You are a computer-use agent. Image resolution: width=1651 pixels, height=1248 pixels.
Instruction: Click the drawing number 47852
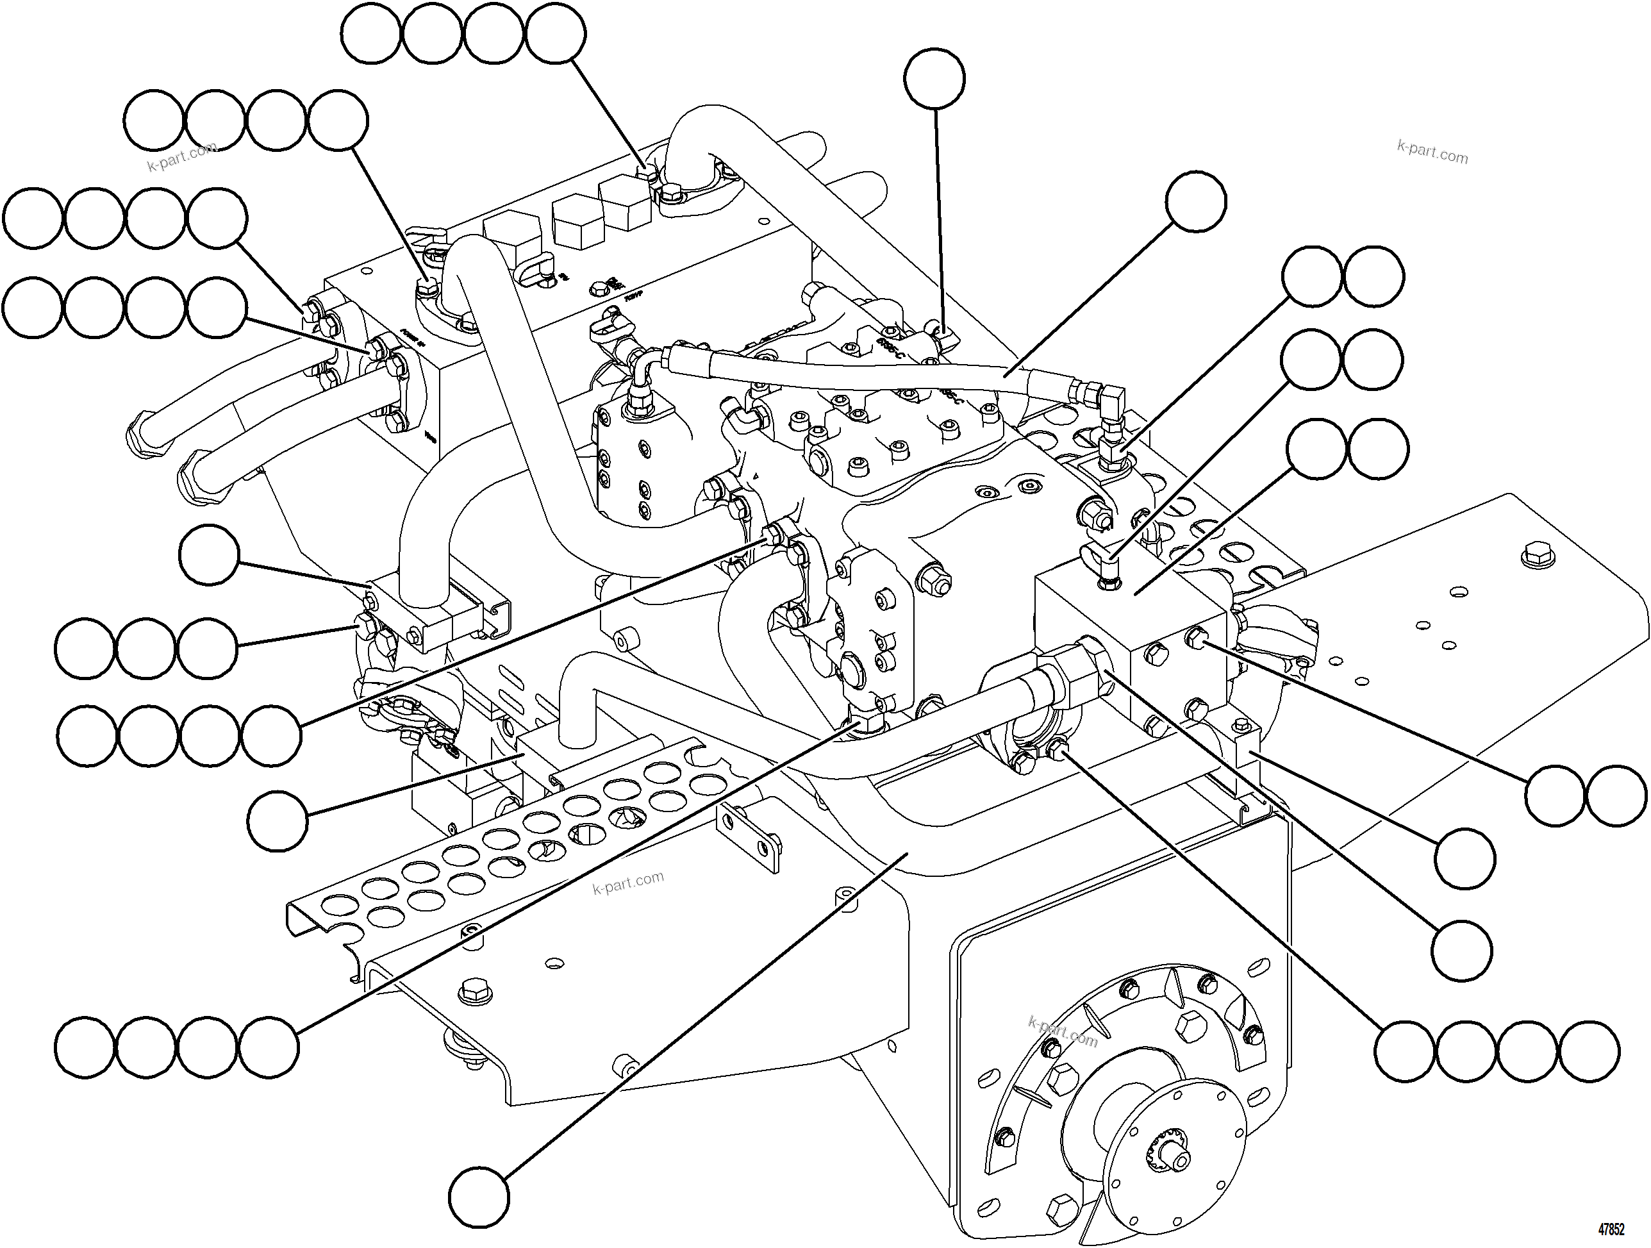coord(1611,1229)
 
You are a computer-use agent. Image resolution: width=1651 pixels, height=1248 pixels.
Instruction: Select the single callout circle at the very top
coord(934,78)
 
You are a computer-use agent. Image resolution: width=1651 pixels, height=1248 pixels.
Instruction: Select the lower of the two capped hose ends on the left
coord(200,477)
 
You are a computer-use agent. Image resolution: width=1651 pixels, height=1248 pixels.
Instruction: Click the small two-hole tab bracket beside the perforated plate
coord(747,835)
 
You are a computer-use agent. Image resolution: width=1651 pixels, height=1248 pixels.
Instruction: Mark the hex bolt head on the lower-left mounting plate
coord(472,990)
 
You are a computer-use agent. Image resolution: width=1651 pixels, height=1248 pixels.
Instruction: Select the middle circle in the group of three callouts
coord(145,648)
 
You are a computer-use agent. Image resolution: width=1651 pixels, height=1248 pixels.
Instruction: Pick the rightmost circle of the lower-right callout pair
coord(1616,795)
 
